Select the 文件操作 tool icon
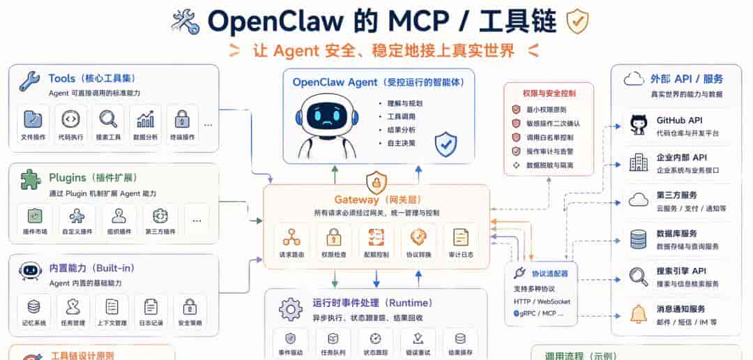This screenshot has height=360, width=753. (x=33, y=119)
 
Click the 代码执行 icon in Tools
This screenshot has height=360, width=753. (x=70, y=119)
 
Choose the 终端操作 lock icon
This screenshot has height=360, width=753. (x=183, y=119)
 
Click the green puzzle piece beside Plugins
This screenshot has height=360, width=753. (x=30, y=179)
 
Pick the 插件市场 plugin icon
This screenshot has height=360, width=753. (x=34, y=216)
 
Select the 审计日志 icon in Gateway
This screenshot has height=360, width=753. (x=461, y=237)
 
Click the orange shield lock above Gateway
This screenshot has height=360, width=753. (x=376, y=183)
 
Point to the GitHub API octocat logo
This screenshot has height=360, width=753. (x=638, y=125)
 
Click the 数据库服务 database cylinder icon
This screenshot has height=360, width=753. (x=638, y=239)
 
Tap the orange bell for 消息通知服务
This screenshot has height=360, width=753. (x=638, y=315)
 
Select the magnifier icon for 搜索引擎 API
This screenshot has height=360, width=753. (x=638, y=277)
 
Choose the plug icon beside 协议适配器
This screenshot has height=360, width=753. (x=518, y=273)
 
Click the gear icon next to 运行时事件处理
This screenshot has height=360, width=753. (x=290, y=308)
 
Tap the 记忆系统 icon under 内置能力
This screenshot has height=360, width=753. (x=33, y=306)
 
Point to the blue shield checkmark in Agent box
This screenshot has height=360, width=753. (x=446, y=144)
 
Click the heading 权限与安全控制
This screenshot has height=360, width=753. (x=548, y=92)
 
